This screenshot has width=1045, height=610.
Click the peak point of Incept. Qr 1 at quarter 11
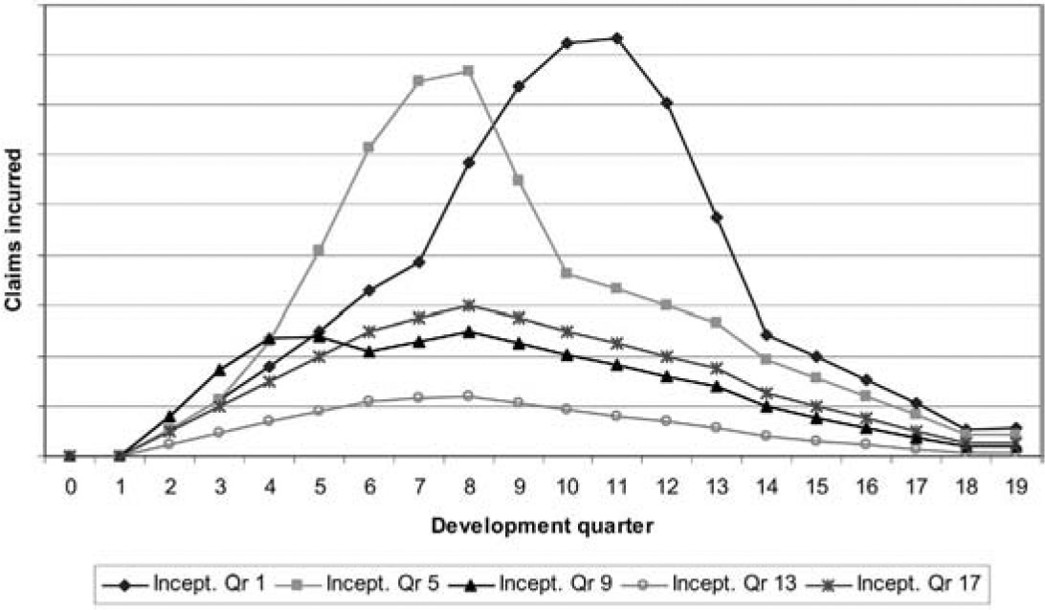[x=617, y=38]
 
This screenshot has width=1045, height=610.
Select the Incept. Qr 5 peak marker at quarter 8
[x=468, y=71]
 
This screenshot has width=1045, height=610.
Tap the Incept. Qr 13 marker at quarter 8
[x=468, y=395]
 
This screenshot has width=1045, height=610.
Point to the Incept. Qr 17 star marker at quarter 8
[x=468, y=305]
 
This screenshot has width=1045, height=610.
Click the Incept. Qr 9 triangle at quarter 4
[x=269, y=338]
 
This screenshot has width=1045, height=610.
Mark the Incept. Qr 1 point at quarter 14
[x=767, y=334]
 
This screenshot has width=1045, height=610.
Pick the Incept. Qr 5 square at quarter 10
[x=567, y=274]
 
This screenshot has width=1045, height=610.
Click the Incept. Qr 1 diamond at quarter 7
[x=418, y=261]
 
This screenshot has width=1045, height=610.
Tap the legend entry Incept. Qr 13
[x=704, y=582]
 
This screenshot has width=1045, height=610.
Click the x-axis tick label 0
[x=70, y=487]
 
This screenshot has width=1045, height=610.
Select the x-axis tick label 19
[x=1015, y=487]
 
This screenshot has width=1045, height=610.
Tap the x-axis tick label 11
[x=617, y=487]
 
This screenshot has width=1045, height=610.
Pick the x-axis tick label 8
[x=468, y=487]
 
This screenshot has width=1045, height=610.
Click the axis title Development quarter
[x=543, y=525]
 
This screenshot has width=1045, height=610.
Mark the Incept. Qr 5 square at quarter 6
[x=368, y=147]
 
